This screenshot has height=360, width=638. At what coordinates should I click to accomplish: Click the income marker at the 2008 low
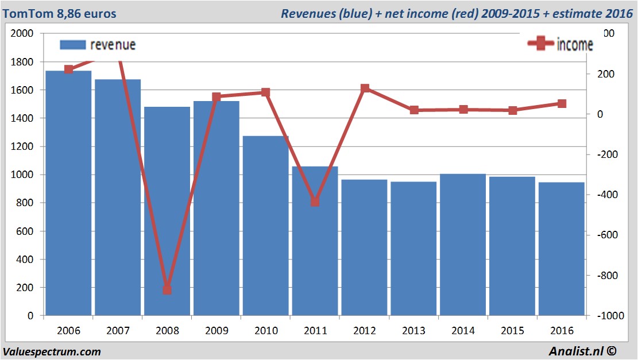click(167, 289)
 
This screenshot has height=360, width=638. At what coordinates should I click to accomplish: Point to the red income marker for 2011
click(315, 202)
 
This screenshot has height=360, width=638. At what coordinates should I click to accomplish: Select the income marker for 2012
click(365, 88)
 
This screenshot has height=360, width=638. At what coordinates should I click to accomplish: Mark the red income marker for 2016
click(562, 104)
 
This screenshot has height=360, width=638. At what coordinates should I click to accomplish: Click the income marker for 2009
click(216, 98)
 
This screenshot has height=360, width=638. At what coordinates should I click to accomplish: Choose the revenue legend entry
click(98, 45)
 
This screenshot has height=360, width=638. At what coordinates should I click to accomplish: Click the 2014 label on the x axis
click(463, 331)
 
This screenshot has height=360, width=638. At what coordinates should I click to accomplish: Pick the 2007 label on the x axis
click(118, 331)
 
